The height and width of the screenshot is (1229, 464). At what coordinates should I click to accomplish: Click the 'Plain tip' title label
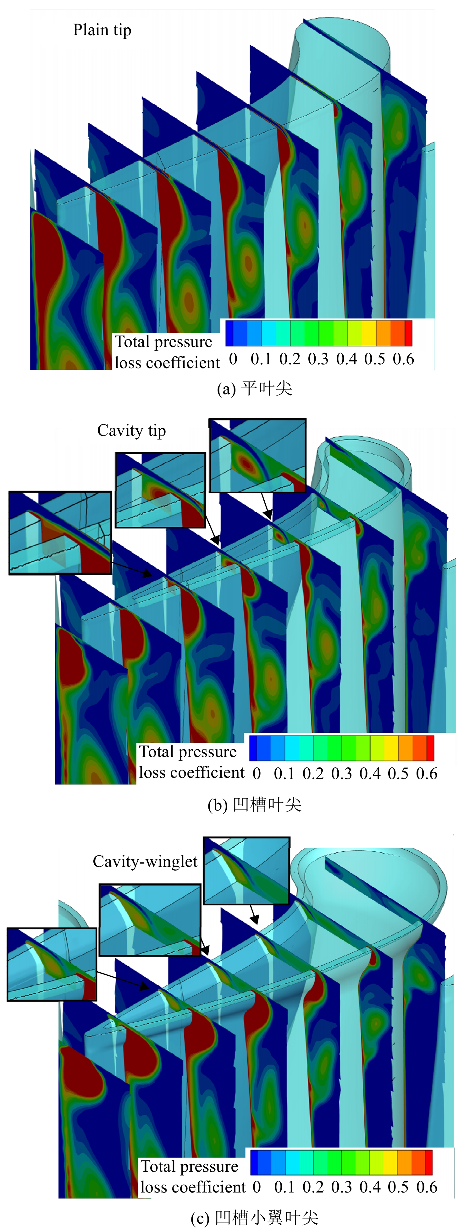(x=102, y=31)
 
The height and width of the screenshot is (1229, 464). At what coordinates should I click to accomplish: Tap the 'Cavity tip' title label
(x=132, y=431)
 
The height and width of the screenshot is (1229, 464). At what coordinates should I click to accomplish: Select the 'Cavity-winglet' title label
(x=145, y=861)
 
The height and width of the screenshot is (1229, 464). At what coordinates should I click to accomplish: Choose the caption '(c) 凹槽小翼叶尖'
(x=255, y=1218)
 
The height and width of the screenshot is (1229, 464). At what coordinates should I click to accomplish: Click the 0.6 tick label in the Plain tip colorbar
(x=403, y=359)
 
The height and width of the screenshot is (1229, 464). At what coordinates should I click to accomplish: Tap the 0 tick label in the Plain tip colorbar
(x=233, y=359)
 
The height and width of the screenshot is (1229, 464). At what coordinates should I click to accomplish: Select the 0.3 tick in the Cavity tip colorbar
(x=341, y=773)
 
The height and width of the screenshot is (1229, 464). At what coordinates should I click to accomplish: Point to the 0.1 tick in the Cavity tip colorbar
(x=284, y=773)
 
